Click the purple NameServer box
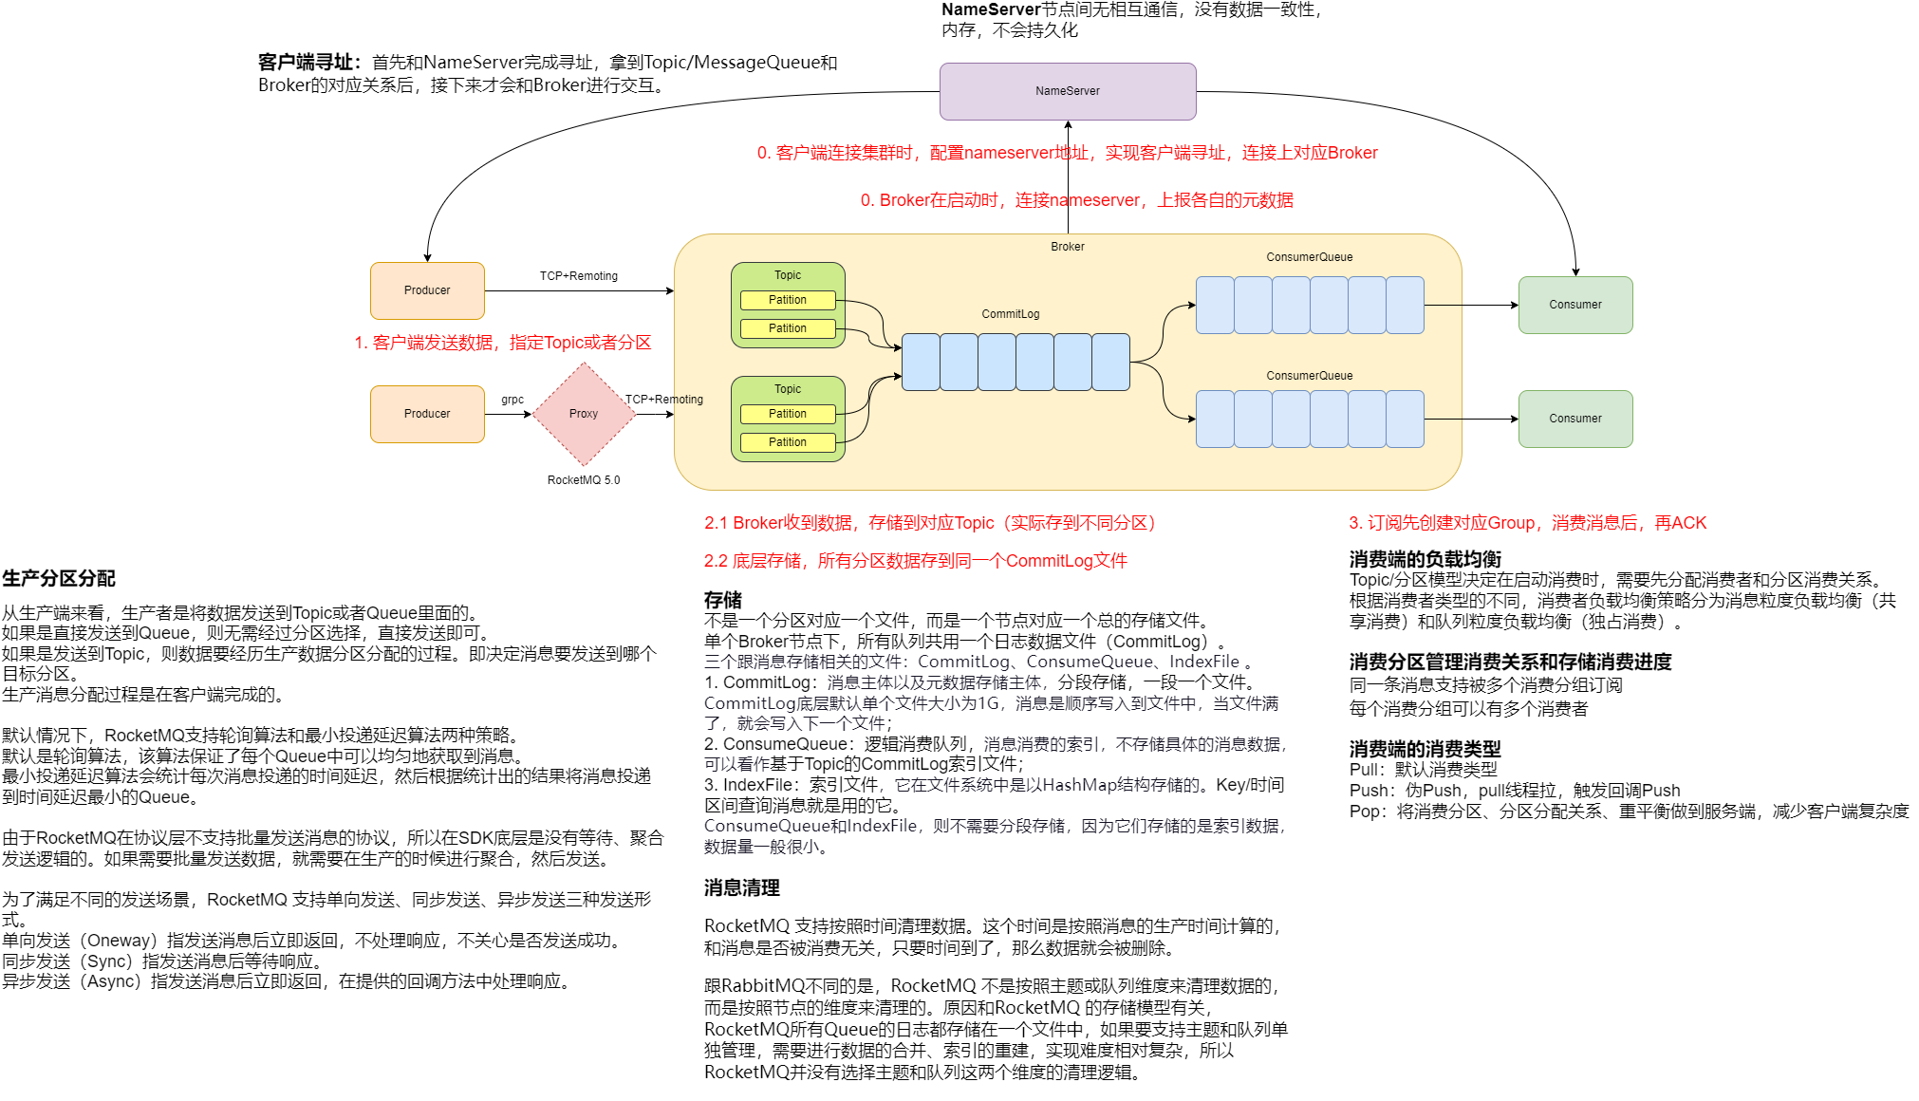1067,91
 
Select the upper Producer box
427,290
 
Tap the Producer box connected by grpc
427,414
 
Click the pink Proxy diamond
584,414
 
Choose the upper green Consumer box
1574,305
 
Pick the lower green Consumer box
1574,419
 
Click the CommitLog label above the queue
1010,314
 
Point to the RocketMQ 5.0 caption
583,480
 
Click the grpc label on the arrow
512,400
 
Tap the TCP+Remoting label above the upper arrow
578,276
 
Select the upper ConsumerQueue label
1309,257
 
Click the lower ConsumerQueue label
1309,376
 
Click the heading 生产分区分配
59,579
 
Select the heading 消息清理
741,888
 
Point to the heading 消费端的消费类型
1425,749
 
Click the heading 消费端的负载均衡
1425,559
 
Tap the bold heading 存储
722,600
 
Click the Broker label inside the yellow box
1067,247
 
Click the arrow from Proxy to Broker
655,415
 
